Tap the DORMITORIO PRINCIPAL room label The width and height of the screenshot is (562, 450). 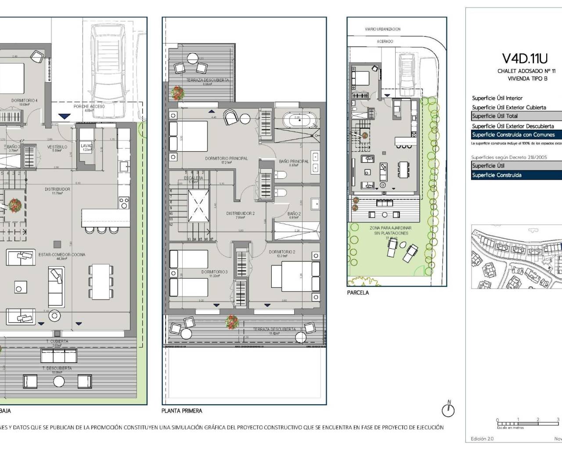(x=226, y=158)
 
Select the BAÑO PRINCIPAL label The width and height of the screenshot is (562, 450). (x=294, y=161)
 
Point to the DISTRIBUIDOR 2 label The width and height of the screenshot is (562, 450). (x=240, y=214)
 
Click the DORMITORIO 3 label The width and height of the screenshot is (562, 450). (x=214, y=272)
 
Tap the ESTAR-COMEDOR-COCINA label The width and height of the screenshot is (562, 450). (x=62, y=254)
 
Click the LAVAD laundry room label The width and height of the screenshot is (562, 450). (x=86, y=145)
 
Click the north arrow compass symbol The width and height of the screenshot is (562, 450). (x=448, y=410)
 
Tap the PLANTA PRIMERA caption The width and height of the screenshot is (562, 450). (x=182, y=411)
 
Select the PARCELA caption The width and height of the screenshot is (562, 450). (x=358, y=293)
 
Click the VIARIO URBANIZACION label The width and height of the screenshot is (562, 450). (x=382, y=29)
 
